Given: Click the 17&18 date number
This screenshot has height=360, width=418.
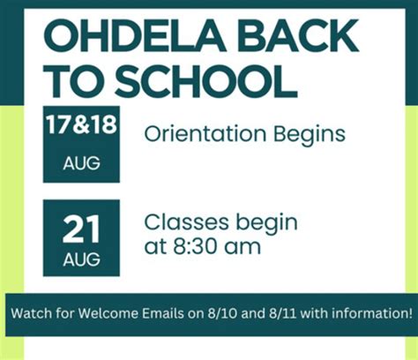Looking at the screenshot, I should [81, 125].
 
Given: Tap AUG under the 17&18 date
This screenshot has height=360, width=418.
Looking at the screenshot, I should [81, 163].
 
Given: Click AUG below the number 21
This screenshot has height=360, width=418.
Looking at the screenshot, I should [81, 260].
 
